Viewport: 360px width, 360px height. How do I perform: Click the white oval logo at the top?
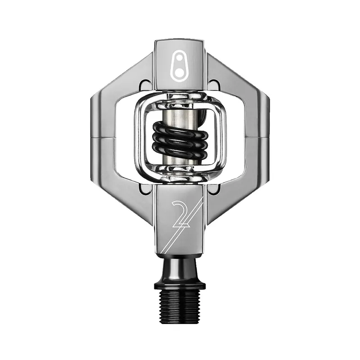coord(179,67)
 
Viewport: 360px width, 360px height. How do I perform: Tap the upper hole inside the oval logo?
coord(178,58)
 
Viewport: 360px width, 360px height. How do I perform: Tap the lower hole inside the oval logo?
coord(179,73)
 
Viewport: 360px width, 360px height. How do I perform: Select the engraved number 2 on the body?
coord(181,214)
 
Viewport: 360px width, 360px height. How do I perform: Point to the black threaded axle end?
coord(180,305)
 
